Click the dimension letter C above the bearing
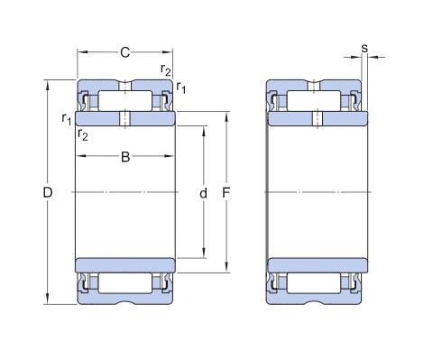(x=125, y=52)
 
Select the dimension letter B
(x=125, y=157)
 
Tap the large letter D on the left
(x=48, y=192)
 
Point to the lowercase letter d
(x=204, y=193)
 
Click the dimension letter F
(x=226, y=193)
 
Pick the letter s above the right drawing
(x=364, y=48)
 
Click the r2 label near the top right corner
(x=166, y=69)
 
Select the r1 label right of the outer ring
(x=181, y=88)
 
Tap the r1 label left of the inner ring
(x=67, y=119)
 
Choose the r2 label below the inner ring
(x=83, y=134)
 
